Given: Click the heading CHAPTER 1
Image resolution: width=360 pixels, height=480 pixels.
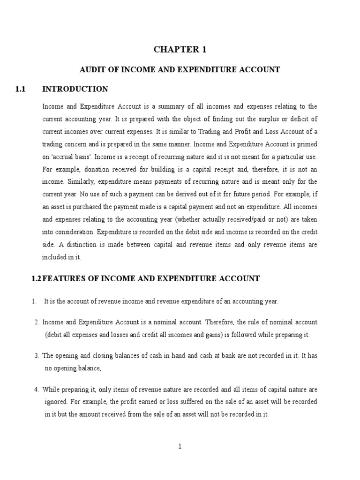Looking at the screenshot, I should tap(180, 50).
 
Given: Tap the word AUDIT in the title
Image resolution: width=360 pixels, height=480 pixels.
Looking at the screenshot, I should tap(90, 70).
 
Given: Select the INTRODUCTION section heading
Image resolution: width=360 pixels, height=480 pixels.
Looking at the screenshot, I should tap(75, 89).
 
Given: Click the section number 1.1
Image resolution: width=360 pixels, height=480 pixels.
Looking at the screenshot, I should tap(20, 89).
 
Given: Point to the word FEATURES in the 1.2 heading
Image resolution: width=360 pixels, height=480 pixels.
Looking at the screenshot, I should tap(62, 278).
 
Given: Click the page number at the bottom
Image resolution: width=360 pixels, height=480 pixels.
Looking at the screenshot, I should tap(180, 446).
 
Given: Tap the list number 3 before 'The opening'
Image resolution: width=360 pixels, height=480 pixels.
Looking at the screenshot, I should tap(36, 355).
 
